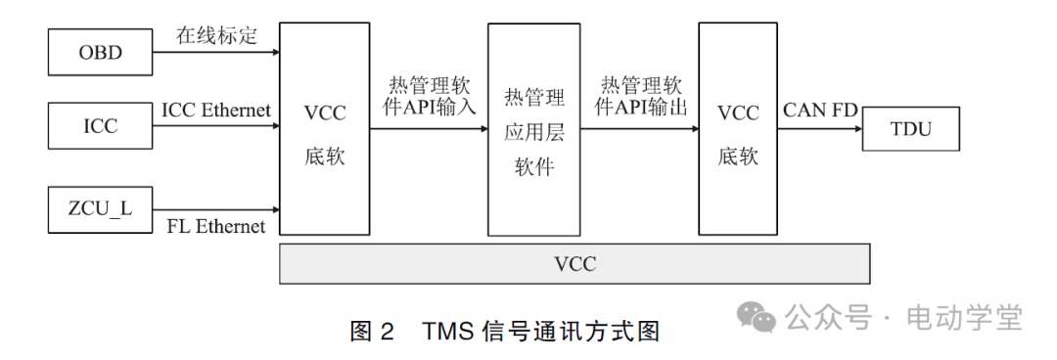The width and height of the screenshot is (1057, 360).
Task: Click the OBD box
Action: coord(101,52)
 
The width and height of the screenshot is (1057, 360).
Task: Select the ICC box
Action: coord(101,126)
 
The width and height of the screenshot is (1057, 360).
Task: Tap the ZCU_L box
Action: coord(101,209)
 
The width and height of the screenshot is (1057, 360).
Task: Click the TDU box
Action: coord(911,129)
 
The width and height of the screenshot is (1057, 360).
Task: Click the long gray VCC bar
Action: coord(574,264)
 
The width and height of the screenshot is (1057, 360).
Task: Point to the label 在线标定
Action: coord(216,35)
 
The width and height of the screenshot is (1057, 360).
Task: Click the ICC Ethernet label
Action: coord(216,110)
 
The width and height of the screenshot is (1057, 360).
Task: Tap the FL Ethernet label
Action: coord(216,227)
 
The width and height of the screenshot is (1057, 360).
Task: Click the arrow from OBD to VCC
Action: coord(215,52)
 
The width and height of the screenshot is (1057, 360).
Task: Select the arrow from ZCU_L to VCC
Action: coord(215,209)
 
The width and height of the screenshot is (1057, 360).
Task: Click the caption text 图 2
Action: coord(372,333)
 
